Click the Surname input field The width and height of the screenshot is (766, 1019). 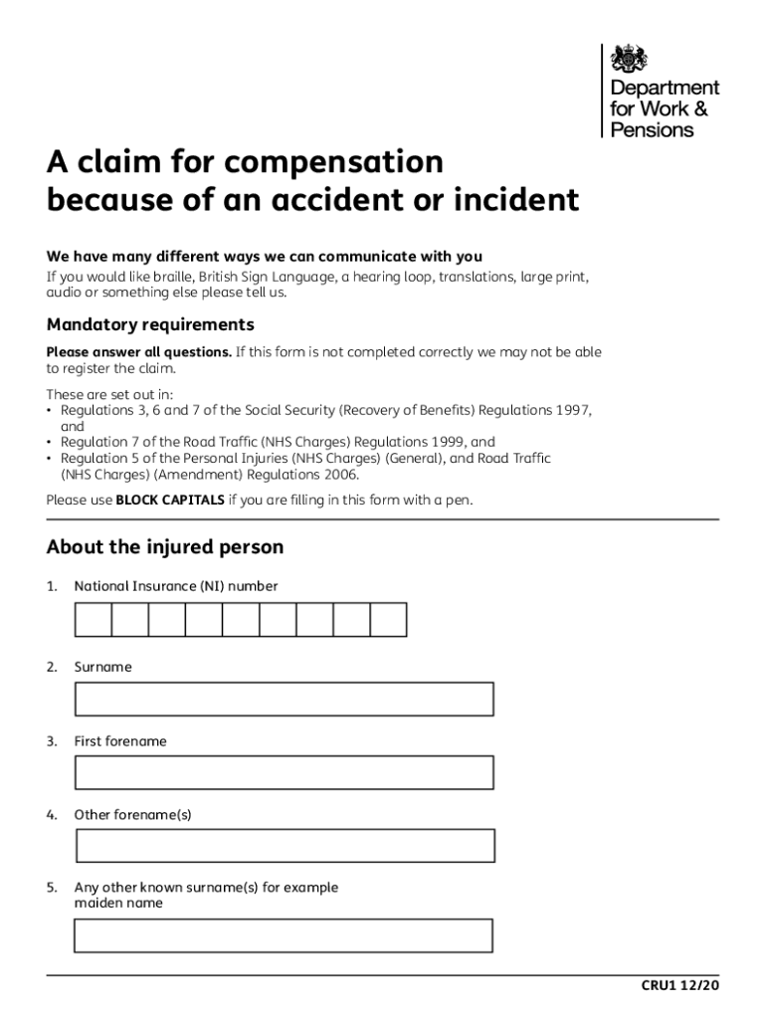pos(284,699)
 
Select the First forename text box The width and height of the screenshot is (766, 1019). pos(284,772)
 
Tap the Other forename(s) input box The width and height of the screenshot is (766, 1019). pos(285,845)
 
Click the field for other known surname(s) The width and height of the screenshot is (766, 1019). pos(284,935)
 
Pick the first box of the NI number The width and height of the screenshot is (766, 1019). pos(93,619)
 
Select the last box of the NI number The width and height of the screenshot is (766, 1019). pos(388,619)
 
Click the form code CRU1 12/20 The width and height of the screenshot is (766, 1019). pos(679,985)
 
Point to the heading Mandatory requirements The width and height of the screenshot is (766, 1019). pos(150,325)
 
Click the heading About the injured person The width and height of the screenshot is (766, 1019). pos(164,547)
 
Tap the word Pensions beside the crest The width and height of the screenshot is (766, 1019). pos(652,129)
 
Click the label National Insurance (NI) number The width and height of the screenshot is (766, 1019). pos(176,586)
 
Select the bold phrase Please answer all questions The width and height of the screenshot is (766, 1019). pos(139,352)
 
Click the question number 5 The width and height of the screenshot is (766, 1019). pos(51,887)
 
